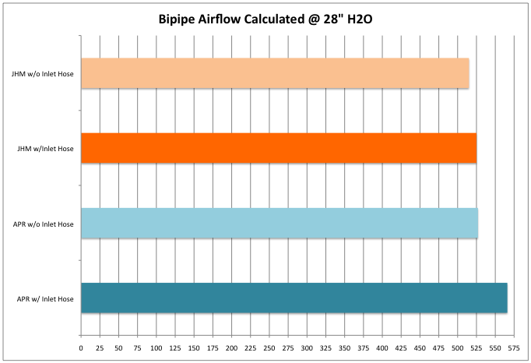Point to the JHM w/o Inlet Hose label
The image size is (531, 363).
43,74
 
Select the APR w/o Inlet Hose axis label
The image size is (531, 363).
44,224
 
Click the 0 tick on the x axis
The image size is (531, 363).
81,348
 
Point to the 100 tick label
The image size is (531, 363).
156,348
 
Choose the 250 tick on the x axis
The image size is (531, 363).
269,348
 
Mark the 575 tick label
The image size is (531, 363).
514,348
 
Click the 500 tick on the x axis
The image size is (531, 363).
458,348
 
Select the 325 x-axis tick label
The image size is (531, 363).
325,348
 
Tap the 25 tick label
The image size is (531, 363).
100,348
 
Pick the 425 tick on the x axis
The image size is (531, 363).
401,348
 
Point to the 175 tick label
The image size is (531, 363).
213,348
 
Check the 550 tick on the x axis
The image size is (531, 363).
495,348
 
